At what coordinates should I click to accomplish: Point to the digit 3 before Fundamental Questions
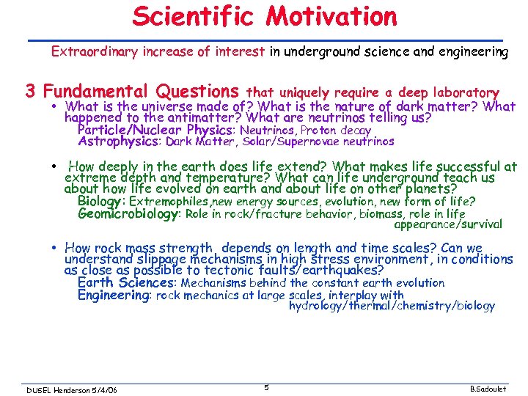point(31,92)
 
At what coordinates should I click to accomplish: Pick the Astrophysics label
point(119,142)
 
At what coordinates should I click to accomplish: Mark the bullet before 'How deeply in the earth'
point(56,166)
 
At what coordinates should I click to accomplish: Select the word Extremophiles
point(169,201)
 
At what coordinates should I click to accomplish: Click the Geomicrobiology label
point(129,214)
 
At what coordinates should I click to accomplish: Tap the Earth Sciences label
point(125,282)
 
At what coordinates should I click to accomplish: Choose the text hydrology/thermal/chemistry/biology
point(392,305)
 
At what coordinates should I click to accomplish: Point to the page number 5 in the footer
point(267,386)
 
